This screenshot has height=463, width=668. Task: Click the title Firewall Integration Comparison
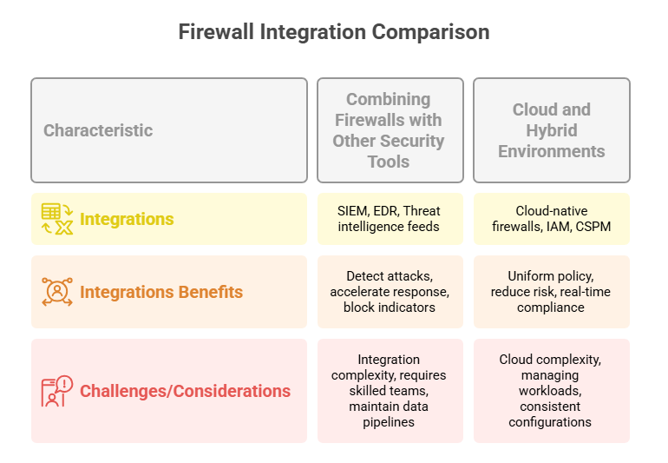(x=334, y=32)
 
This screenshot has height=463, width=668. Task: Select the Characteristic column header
(x=98, y=130)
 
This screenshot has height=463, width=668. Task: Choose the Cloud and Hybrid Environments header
(x=551, y=130)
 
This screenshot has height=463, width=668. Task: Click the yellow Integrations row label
(x=127, y=220)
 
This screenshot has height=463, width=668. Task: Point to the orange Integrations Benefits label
(x=161, y=292)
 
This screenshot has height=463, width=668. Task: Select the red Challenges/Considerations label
(x=185, y=391)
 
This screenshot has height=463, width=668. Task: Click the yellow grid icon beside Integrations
(x=57, y=220)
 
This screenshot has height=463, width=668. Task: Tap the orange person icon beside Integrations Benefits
(x=57, y=292)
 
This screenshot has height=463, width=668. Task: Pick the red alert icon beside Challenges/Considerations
(x=57, y=391)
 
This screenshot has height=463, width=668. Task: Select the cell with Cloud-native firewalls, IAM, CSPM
(x=551, y=219)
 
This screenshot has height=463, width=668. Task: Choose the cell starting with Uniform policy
(x=551, y=292)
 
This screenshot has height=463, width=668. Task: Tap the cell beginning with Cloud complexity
(x=551, y=391)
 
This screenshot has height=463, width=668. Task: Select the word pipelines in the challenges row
(x=388, y=422)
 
